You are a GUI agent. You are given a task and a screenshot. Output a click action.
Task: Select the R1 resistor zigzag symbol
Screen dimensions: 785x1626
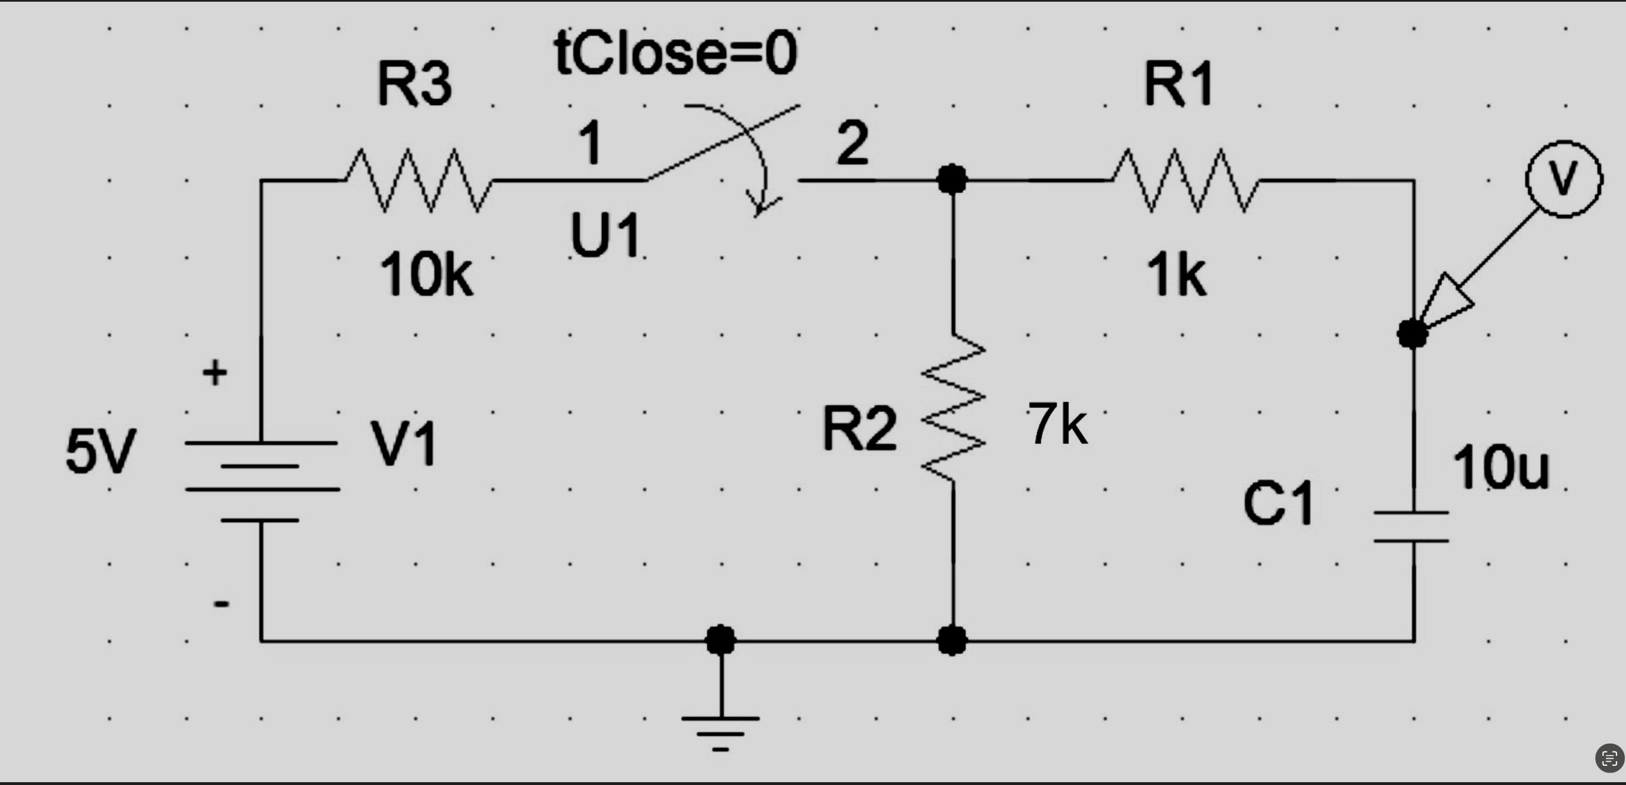click(x=1185, y=181)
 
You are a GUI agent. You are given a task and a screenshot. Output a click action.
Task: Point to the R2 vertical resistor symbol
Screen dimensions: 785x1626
click(x=953, y=407)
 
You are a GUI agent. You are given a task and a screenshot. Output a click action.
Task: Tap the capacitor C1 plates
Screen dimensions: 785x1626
click(x=1411, y=527)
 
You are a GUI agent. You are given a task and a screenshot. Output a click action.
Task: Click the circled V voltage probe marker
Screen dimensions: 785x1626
click(x=1564, y=179)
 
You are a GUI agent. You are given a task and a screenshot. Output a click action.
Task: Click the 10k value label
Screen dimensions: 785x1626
click(x=426, y=275)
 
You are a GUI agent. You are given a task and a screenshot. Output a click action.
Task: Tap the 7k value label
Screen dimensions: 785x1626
click(x=1057, y=424)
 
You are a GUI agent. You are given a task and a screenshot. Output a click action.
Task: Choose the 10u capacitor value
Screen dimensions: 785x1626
click(x=1501, y=467)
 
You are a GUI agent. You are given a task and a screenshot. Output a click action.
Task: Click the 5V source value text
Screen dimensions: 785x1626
click(x=101, y=452)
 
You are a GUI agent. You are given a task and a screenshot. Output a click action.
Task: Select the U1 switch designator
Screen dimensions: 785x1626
click(x=605, y=235)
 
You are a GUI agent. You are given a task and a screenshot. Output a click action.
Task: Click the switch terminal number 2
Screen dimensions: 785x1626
click(x=853, y=144)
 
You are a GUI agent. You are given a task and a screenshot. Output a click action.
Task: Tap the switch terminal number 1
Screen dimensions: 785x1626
click(x=590, y=144)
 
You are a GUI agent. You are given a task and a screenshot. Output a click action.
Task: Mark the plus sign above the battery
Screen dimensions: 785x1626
click(x=215, y=373)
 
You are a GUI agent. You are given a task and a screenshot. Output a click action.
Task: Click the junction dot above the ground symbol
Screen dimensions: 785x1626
click(x=720, y=640)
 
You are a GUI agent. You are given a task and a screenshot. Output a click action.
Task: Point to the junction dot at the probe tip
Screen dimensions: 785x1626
click(x=1413, y=333)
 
